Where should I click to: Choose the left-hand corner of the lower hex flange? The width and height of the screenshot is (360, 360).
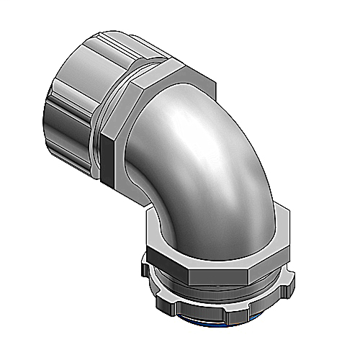pyautogui.click(x=148, y=245)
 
